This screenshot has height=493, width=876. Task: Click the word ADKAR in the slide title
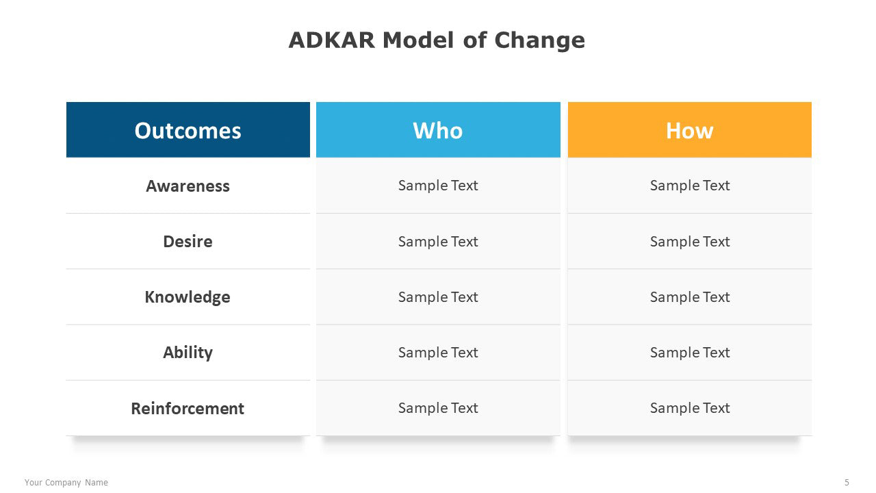[x=332, y=40]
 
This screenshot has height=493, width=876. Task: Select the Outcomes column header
[x=188, y=130]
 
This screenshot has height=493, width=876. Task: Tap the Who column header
[x=438, y=130]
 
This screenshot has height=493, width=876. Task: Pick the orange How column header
[x=690, y=130]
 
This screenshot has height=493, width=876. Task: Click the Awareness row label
[x=188, y=186]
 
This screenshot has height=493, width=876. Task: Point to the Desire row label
[x=188, y=242]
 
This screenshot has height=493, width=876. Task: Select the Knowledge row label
[x=188, y=297]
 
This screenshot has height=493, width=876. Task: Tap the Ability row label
[x=188, y=353]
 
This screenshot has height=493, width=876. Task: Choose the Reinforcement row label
[x=188, y=409]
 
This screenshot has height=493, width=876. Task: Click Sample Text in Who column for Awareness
[x=438, y=186]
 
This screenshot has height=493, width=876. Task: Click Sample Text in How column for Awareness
[x=690, y=186]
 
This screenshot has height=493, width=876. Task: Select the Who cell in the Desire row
[x=438, y=242]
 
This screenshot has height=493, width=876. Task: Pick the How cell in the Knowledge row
[x=690, y=297]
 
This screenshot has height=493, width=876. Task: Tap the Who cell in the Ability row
[x=438, y=353]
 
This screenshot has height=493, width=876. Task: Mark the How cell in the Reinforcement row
[x=690, y=408]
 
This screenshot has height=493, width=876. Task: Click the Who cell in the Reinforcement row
[x=438, y=408]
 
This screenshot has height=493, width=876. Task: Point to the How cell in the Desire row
[x=690, y=242]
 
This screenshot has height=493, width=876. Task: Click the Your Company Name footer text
[x=66, y=483]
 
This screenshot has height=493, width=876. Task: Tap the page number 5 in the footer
[x=847, y=483]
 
